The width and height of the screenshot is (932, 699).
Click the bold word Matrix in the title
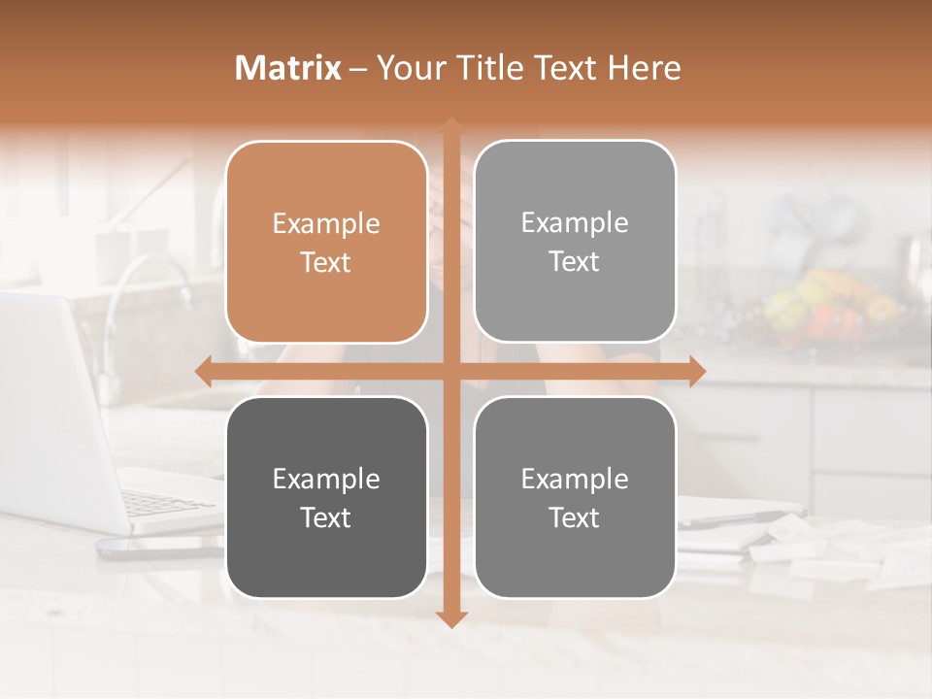(x=288, y=68)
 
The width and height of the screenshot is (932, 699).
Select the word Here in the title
(x=646, y=68)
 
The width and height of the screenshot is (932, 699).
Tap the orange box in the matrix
(x=326, y=242)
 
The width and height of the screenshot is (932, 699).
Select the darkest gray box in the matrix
(x=326, y=497)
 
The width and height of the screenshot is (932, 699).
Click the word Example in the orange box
(x=326, y=224)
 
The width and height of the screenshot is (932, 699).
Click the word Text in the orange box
(x=326, y=262)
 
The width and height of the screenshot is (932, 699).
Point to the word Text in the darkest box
(x=326, y=517)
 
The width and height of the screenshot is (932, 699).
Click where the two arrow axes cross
(x=450, y=371)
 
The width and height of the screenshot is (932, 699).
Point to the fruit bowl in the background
(x=825, y=306)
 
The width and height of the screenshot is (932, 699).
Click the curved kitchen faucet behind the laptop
(x=146, y=291)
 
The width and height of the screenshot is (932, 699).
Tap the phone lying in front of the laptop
(x=155, y=549)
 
